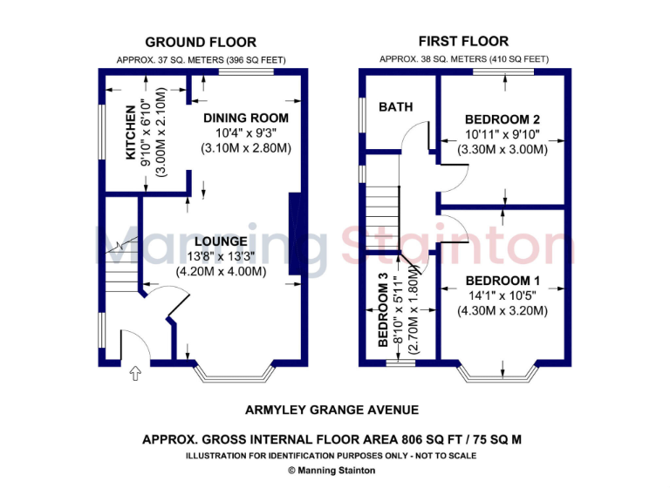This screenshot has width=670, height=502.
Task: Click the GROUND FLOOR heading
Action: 201,42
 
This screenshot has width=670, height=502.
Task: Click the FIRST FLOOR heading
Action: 463,41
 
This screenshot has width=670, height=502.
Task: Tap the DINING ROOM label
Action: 245,118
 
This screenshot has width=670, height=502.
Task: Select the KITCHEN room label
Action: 132,132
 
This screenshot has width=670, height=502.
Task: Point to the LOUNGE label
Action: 221,241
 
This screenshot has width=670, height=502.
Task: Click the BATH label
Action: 395,106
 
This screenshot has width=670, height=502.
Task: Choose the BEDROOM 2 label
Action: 502,119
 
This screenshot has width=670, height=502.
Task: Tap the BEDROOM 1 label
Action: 502,281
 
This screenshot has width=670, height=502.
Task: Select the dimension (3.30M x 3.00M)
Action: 502,149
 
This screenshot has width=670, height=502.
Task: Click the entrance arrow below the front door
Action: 135,374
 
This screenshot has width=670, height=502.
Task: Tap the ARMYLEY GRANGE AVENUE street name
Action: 332,410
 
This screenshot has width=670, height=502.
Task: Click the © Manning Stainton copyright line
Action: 332,470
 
